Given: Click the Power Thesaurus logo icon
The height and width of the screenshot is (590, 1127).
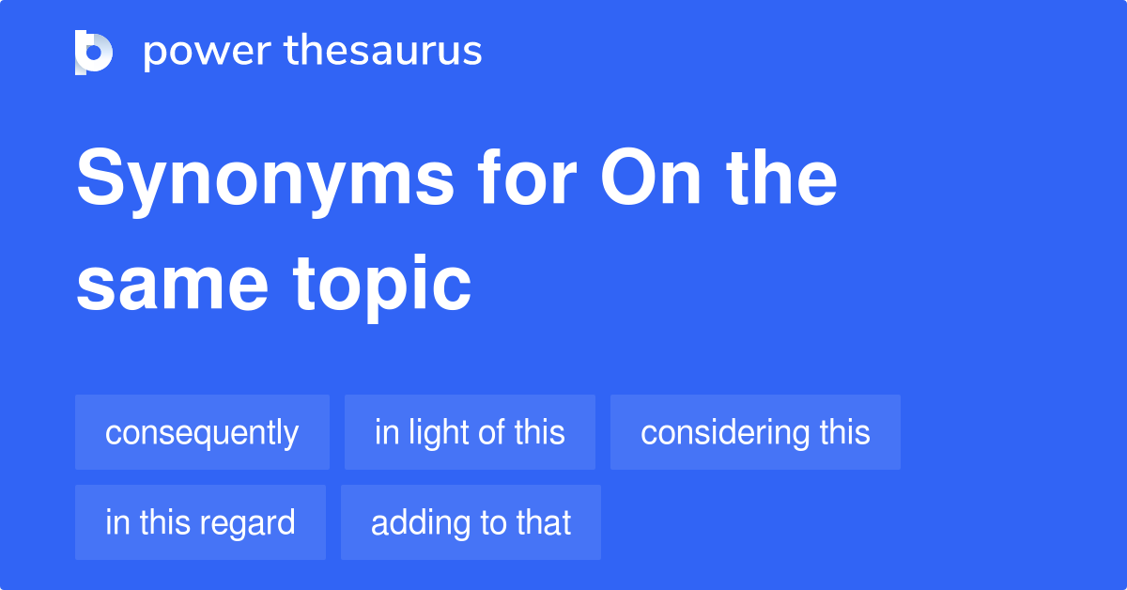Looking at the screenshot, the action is pos(94,53).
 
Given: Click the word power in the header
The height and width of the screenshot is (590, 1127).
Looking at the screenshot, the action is pos(208,53).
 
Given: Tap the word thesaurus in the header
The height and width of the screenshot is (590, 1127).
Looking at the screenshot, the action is pos(383,50).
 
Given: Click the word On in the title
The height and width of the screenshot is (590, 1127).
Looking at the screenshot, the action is pos(651,178).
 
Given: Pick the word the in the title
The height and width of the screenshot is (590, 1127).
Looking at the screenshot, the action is pos(781,178).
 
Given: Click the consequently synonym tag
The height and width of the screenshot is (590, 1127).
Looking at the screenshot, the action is pos(202,432).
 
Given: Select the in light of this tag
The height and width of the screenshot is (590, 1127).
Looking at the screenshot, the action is pos(470,432).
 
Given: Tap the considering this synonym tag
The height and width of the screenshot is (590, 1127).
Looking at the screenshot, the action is pos(755,432).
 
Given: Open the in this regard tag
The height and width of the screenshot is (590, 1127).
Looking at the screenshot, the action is pos(200,522).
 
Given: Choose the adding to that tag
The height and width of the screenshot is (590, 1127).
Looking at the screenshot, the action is pos(471,522).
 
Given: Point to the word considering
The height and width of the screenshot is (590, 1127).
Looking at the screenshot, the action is pos(725,433).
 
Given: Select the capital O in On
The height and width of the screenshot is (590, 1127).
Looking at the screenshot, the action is pos(624,177).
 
